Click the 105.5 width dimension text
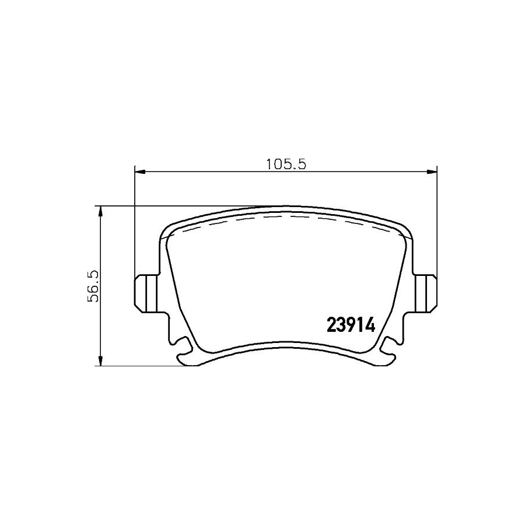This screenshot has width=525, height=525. click(x=286, y=164)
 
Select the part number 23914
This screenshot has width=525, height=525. click(x=351, y=325)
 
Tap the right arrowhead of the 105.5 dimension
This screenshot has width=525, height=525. click(x=431, y=172)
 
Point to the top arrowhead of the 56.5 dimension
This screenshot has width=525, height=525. click(x=100, y=212)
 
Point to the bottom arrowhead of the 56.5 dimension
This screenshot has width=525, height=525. click(x=100, y=360)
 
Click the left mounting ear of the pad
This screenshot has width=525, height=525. click(x=146, y=293)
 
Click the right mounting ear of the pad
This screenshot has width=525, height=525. click(x=426, y=293)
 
